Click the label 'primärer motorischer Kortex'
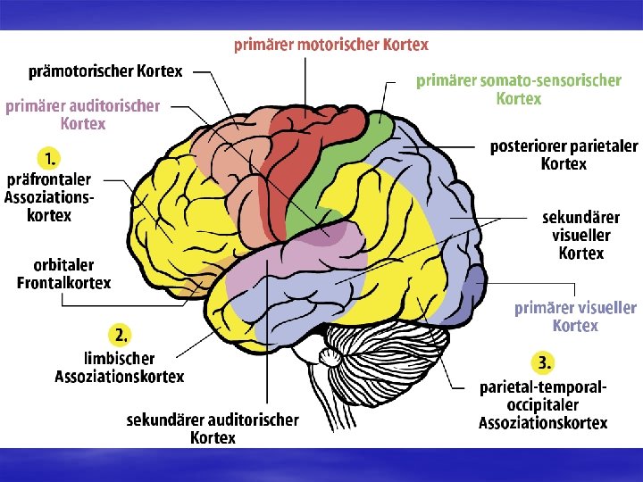[x=331, y=45]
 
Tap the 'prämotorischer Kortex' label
[x=105, y=71]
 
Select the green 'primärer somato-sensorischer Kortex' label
[x=519, y=88]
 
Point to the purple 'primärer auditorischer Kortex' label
[x=83, y=114]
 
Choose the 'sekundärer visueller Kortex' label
[x=580, y=235]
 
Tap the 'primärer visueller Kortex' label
[x=575, y=316]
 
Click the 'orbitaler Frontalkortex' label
[x=64, y=274]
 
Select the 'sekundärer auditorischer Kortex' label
[x=213, y=428]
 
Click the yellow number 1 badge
[x=48, y=159]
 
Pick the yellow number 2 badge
[x=121, y=335]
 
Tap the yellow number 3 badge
[x=543, y=361]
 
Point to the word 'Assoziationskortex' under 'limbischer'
[x=120, y=377]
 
